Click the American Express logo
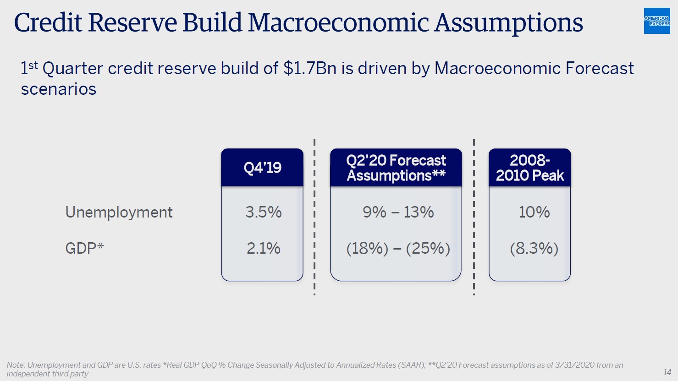click(x=656, y=21)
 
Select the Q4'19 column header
click(x=262, y=168)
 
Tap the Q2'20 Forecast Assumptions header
click(x=396, y=168)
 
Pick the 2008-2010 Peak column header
click(x=529, y=168)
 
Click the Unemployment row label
click(x=119, y=212)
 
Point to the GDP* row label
click(x=84, y=248)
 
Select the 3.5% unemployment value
click(x=263, y=212)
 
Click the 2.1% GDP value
click(x=263, y=248)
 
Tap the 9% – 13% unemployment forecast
click(x=398, y=212)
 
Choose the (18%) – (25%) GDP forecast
click(x=398, y=248)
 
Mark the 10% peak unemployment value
click(x=534, y=212)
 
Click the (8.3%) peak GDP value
click(x=534, y=248)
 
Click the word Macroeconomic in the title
click(x=339, y=22)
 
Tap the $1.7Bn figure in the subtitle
click(x=310, y=68)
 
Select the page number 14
click(x=667, y=372)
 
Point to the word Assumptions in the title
click(x=508, y=22)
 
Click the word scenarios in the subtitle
click(x=59, y=89)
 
